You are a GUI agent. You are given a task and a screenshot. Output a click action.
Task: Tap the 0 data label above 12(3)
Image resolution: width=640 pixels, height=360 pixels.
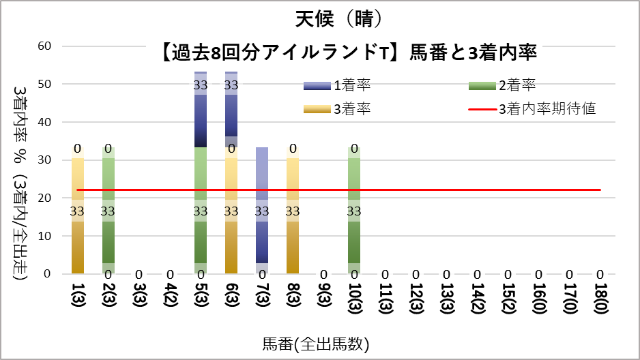click(x=416, y=274)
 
